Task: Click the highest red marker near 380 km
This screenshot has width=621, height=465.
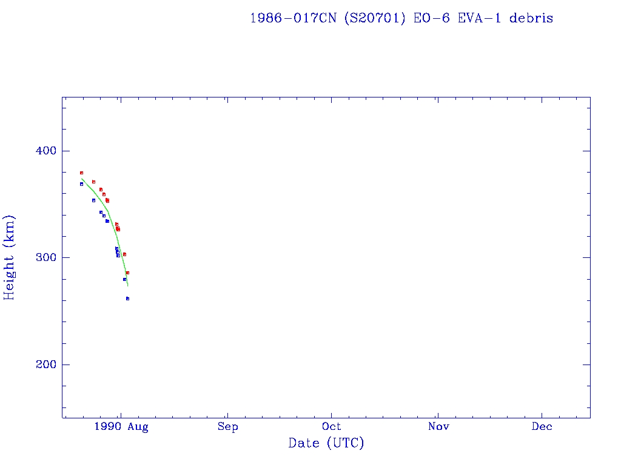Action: [x=81, y=173]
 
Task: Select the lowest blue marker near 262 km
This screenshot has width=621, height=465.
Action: [x=127, y=298]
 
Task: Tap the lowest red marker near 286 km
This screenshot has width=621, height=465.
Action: [x=127, y=273]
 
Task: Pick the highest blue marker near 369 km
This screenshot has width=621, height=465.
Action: [x=81, y=184]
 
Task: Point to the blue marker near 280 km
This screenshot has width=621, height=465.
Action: [x=124, y=279]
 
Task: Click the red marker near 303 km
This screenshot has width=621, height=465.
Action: [x=124, y=254]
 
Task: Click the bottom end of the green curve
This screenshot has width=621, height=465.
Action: [x=127, y=286]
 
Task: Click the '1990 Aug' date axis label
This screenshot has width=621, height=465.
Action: [x=121, y=427]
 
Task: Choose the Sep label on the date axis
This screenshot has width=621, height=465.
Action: [x=227, y=427]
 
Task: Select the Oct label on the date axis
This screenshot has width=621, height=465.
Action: [x=332, y=427]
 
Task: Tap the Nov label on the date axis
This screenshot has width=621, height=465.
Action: [x=438, y=427]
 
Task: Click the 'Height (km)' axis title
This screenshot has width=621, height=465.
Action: [x=9, y=257]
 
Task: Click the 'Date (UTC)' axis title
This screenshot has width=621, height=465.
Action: [x=326, y=443]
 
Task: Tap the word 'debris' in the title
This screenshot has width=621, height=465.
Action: [x=531, y=18]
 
